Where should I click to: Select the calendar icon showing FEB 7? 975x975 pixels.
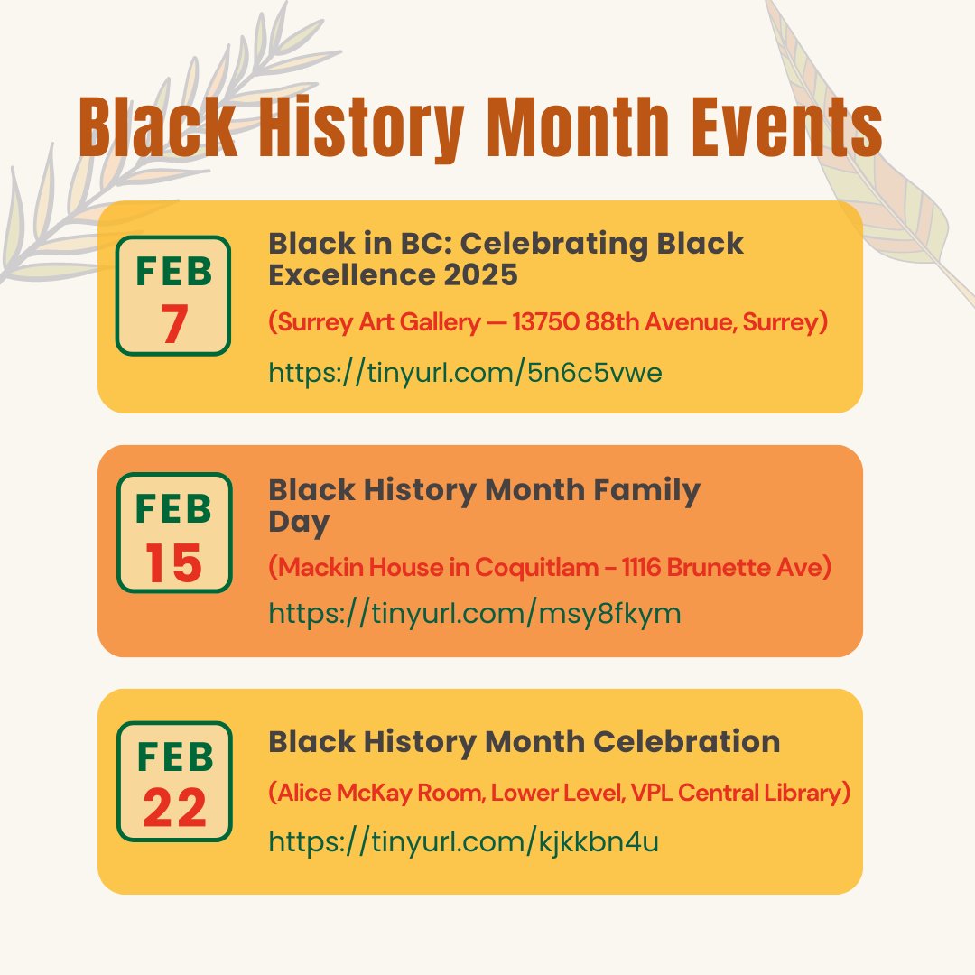[x=173, y=295]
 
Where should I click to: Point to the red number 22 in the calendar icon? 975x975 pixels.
[x=174, y=809]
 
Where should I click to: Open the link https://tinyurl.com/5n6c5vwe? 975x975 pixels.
[x=465, y=373]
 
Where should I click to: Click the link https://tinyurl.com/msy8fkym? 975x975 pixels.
[x=474, y=614]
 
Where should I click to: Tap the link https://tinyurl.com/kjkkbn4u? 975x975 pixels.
[x=463, y=841]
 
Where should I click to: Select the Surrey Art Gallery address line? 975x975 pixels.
[x=548, y=323]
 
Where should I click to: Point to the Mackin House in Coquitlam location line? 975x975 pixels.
[x=549, y=568]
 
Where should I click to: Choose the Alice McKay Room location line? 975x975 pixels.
[x=560, y=793]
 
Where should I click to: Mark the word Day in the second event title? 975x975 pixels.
[x=299, y=523]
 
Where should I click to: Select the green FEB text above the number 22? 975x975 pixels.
[x=174, y=757]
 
